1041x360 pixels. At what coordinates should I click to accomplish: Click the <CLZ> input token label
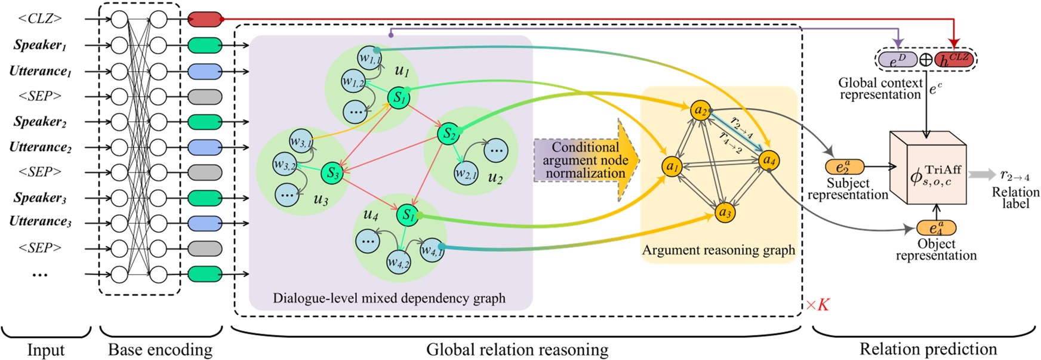(x=40, y=19)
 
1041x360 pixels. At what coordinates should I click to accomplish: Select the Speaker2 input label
(x=40, y=122)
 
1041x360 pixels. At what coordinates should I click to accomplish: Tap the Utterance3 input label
(x=40, y=221)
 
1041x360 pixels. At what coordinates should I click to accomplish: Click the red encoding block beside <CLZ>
(x=205, y=20)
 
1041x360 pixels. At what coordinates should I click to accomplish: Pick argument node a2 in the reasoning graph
(x=701, y=110)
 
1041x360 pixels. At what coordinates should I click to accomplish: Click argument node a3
(x=725, y=213)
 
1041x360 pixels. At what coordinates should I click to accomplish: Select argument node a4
(x=769, y=160)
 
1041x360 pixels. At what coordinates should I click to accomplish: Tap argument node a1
(x=672, y=166)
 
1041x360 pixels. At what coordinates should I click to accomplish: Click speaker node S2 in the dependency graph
(x=449, y=134)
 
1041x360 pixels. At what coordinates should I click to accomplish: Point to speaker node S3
(x=332, y=174)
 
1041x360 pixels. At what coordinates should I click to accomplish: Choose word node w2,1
(x=466, y=174)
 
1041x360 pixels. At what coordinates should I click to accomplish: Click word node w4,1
(x=432, y=250)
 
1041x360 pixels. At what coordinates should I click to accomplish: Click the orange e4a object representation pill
(x=936, y=228)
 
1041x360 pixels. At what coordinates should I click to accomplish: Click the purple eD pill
(x=897, y=60)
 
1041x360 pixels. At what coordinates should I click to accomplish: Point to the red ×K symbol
(x=817, y=305)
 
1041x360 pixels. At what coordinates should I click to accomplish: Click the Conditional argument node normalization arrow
(x=587, y=160)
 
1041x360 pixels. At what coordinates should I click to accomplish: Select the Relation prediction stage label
(x=928, y=349)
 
